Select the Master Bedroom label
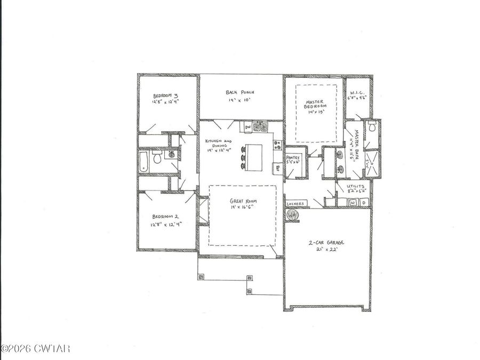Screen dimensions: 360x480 [x=315, y=105]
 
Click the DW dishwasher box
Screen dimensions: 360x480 [x=248, y=127]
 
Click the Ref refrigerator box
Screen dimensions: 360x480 [x=278, y=167]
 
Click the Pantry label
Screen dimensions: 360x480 [x=294, y=158]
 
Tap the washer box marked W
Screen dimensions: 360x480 [x=352, y=203]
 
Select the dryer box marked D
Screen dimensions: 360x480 [x=364, y=203]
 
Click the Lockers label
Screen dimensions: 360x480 [x=295, y=204]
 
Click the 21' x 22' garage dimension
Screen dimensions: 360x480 [x=326, y=249]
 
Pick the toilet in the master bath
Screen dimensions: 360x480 [x=372, y=126]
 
